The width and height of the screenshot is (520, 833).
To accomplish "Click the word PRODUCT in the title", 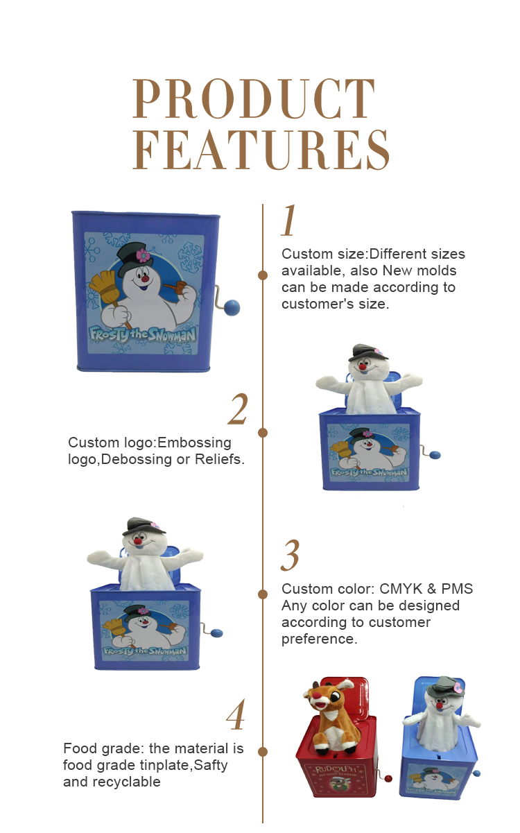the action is (254, 98).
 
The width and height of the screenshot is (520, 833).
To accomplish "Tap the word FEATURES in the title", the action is (261, 150).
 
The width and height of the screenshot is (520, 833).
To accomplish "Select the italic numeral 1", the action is (289, 220).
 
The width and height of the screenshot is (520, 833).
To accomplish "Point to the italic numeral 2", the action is (238, 409).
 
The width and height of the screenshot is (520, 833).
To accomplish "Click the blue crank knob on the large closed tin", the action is (232, 307).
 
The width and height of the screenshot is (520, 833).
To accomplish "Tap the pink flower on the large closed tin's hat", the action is (143, 255).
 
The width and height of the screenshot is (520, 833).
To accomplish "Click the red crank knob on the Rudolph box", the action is (388, 778).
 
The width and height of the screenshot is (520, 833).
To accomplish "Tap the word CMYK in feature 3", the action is (401, 589).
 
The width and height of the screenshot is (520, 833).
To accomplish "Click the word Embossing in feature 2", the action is (194, 443).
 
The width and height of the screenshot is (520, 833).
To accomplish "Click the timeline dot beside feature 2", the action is (263, 433).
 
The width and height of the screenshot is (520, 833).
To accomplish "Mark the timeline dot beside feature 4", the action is (263, 753).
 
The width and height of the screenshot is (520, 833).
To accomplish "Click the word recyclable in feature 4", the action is (127, 782).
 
